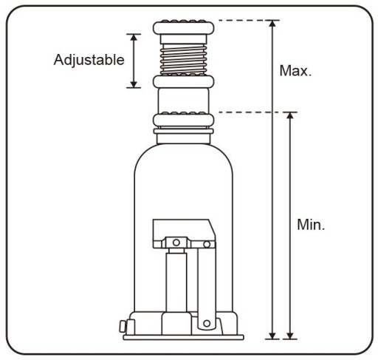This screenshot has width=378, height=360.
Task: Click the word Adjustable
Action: [x=89, y=61]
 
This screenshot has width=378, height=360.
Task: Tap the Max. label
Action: [x=295, y=71]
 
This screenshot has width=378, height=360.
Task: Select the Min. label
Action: [x=311, y=225]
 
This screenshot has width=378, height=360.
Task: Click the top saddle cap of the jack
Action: [x=183, y=27]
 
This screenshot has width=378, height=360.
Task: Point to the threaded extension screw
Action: [x=183, y=59]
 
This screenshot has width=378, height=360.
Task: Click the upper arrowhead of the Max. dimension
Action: [x=272, y=24]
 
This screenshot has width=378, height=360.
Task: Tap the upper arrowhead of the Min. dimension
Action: [x=290, y=116]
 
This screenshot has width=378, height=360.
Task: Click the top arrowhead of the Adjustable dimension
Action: [x=134, y=38]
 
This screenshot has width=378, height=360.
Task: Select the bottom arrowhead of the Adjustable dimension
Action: [x=134, y=84]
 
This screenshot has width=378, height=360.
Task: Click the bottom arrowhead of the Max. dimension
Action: [x=272, y=336]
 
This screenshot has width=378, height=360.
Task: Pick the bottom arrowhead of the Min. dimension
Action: [x=290, y=336]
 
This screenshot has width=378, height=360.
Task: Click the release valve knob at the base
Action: [x=123, y=326]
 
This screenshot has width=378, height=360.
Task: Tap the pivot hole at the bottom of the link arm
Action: [x=207, y=323]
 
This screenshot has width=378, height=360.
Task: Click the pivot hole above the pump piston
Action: [x=176, y=242]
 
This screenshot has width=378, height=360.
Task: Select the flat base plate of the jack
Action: [x=183, y=337]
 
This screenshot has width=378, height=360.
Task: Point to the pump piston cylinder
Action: [x=176, y=282]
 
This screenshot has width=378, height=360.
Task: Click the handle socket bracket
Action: [x=184, y=234]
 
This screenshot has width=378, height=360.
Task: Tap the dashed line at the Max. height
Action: [x=249, y=20]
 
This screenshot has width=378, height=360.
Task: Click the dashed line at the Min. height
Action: [x=257, y=112]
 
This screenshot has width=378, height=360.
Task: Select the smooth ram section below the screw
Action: [x=183, y=101]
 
